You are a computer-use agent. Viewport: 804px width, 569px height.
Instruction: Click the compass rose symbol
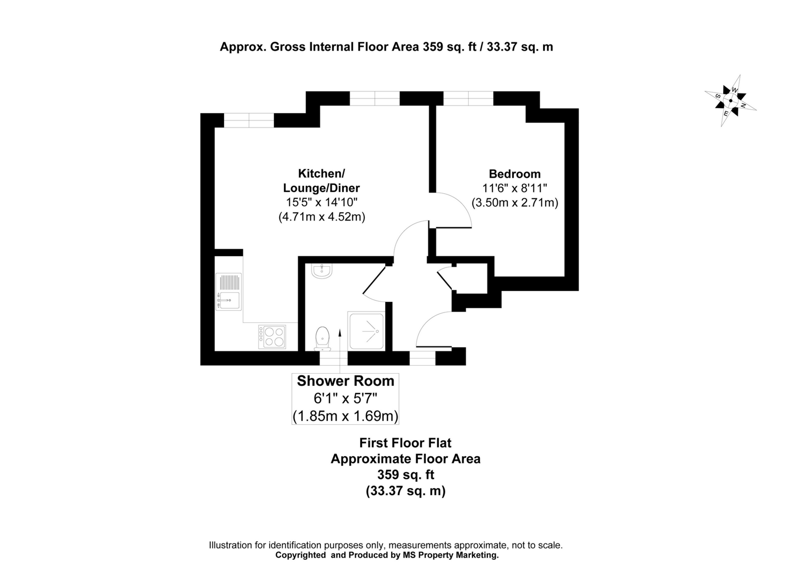point(731,101)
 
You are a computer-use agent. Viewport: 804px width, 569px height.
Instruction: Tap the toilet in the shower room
point(322,338)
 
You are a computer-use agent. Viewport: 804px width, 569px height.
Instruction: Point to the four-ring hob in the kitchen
point(272,337)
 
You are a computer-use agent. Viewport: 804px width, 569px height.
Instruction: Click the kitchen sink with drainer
point(229,291)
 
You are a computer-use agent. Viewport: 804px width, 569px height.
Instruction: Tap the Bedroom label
point(515,174)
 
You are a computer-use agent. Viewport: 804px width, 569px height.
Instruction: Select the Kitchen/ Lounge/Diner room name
point(321,180)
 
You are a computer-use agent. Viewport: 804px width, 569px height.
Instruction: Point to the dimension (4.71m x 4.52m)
point(322,217)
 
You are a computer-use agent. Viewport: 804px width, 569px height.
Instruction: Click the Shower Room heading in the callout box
point(345,381)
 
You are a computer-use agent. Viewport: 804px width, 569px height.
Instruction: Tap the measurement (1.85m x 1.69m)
point(345,416)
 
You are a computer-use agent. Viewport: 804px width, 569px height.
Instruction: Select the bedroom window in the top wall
point(468,98)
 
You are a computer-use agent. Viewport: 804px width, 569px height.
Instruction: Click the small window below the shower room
point(333,359)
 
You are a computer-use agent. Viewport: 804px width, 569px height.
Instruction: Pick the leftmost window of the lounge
point(249,120)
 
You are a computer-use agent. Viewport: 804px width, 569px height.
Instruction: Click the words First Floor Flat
point(405,443)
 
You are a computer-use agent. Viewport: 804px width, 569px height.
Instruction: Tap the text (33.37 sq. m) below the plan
point(405,491)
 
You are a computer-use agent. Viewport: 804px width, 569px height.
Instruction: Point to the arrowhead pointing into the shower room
point(340,333)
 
